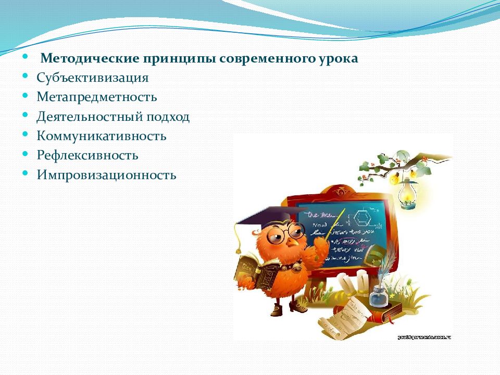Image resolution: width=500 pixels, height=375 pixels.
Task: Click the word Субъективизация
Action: click(x=93, y=78)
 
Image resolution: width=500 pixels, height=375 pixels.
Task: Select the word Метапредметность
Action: click(x=97, y=97)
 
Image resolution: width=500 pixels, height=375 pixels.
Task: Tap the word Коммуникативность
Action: click(x=102, y=136)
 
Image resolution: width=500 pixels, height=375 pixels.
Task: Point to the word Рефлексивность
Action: click(x=87, y=156)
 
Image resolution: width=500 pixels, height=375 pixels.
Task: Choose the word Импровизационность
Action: click(x=107, y=175)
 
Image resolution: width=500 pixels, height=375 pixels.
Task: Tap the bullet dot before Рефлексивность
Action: click(x=26, y=154)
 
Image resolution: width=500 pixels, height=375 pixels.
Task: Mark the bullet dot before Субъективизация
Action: click(x=26, y=77)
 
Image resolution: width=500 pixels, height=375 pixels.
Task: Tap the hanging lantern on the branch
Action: click(x=406, y=195)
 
